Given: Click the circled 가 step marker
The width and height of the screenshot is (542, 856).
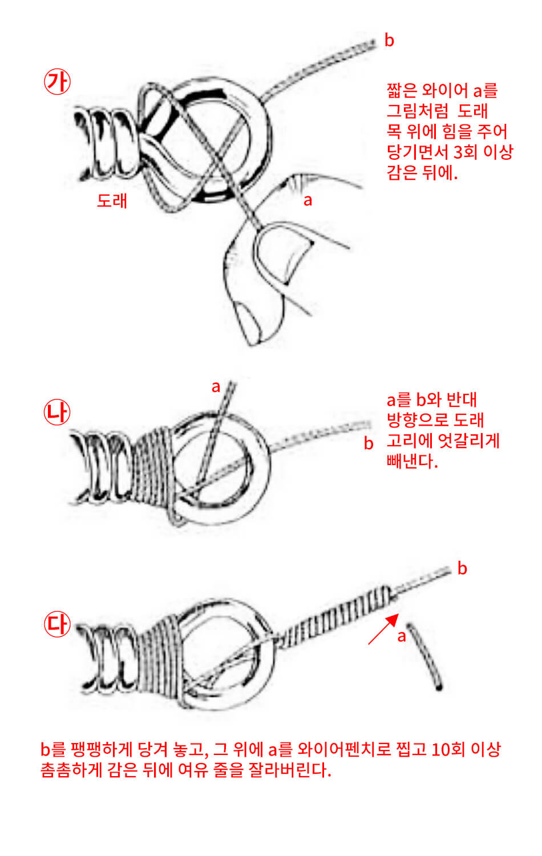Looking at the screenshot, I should (x=57, y=82).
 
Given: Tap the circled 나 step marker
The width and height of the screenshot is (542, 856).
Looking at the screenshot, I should (x=57, y=413).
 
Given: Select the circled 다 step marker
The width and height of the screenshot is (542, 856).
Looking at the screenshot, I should (x=57, y=624).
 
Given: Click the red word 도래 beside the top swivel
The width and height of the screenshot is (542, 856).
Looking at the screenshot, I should (x=112, y=200).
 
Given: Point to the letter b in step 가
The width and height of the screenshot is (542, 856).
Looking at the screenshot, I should (x=389, y=41).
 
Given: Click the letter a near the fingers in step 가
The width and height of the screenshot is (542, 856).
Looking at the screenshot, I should (x=308, y=200).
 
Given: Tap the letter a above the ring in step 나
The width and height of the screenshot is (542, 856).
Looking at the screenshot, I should (x=216, y=387).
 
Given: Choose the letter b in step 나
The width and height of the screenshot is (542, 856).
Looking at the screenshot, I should (x=369, y=443).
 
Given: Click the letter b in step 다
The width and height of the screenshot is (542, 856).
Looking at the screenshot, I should (x=462, y=568).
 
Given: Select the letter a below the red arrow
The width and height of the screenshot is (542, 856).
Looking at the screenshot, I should (x=402, y=636).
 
